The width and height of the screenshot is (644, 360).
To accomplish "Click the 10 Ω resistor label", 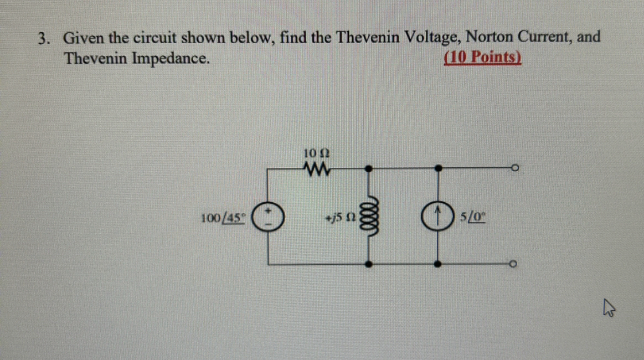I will (317, 152).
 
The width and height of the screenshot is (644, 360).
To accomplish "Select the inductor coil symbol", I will (368, 216).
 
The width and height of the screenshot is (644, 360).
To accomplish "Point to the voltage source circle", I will (269, 216).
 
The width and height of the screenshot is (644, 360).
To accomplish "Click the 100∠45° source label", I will (224, 217).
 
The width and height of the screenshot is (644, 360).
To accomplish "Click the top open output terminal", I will (514, 167).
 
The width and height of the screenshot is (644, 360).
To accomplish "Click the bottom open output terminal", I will (514, 265).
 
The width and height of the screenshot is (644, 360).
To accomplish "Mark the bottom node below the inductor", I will (368, 265).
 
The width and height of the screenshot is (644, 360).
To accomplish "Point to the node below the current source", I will (439, 265).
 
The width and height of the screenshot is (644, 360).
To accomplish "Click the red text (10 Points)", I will (483, 58).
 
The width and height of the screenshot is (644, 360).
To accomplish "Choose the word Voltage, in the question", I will (434, 38).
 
